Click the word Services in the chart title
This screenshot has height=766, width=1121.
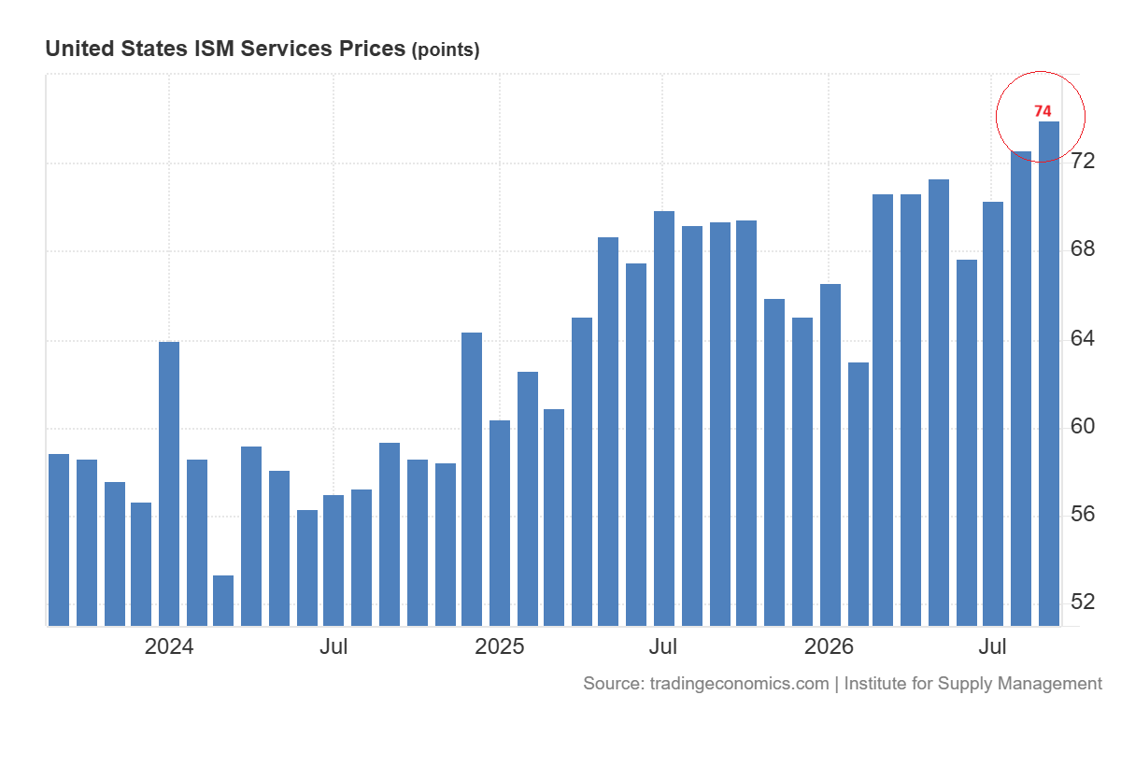286,49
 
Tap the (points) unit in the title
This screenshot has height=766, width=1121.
446,50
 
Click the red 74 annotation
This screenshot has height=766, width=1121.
1043,111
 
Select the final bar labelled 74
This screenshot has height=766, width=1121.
1049,374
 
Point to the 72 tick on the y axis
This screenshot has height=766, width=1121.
1083,161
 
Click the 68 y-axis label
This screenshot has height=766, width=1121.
1083,248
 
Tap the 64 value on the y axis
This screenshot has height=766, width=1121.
1083,339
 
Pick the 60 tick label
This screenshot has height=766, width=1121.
1083,426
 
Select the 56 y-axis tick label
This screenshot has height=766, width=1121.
1083,515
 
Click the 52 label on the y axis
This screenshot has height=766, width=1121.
1083,602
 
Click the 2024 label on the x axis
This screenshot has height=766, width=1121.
169,647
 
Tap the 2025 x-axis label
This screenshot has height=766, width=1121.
500,647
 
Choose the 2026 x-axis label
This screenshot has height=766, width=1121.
829,647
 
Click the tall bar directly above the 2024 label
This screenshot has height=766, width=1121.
169,484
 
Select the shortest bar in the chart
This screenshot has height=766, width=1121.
223,601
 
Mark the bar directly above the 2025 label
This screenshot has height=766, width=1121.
500,523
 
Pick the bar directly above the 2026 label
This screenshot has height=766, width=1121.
830,455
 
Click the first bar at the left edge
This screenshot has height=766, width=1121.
59,540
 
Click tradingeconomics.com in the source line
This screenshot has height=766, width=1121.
739,684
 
